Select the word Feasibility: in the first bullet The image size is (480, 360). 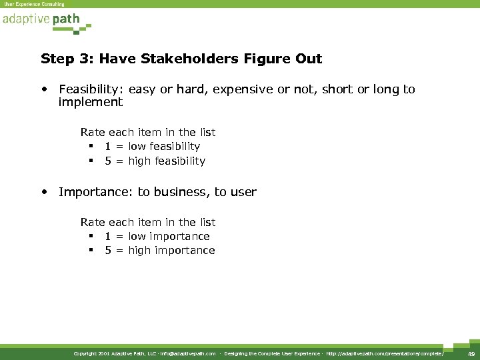(91, 89)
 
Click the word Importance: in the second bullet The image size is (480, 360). (96, 192)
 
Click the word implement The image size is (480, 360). (91, 102)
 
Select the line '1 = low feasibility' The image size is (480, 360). (152, 146)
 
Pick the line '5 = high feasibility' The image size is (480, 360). (155, 161)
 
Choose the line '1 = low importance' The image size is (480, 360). (157, 236)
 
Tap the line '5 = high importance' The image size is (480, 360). (159, 251)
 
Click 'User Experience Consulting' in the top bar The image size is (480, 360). (34, 4)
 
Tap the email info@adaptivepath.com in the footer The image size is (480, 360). (188, 353)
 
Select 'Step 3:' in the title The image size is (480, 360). (63, 59)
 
